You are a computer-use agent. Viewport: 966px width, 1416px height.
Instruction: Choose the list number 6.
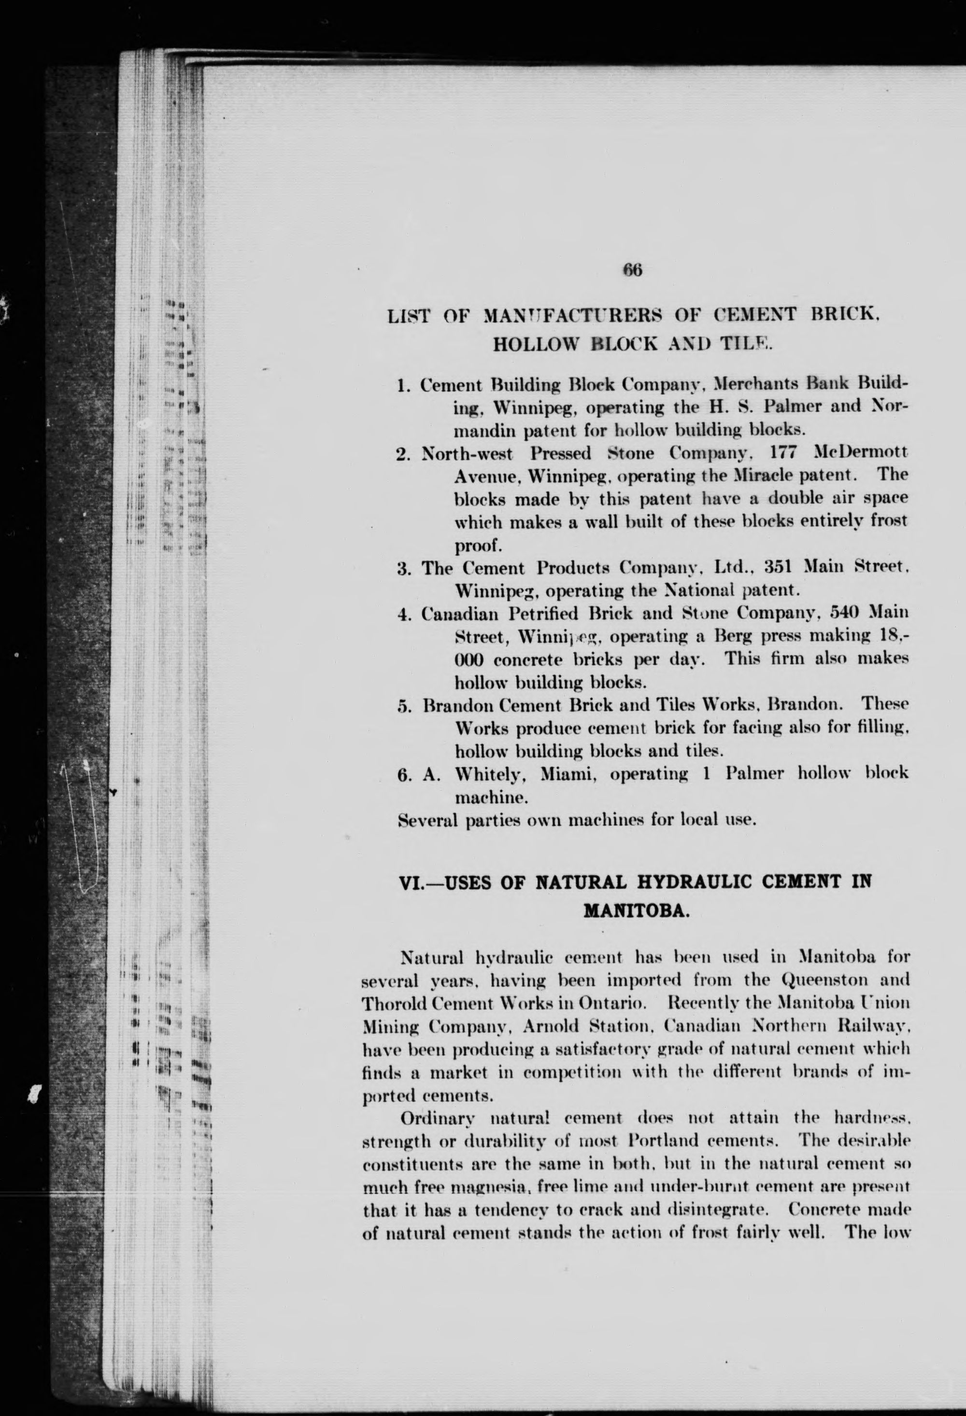point(403,774)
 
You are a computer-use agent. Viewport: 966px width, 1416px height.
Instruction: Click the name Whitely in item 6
point(493,774)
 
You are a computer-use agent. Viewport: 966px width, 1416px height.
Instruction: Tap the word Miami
point(568,774)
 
